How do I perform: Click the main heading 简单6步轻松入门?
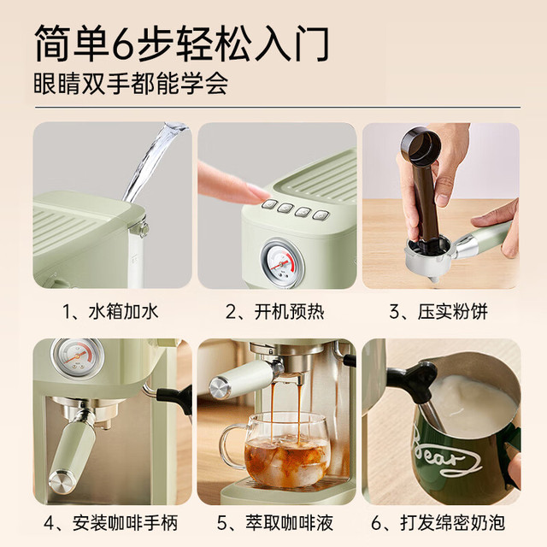tap(181, 44)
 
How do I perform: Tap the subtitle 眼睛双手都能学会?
tap(131, 84)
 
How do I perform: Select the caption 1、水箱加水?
tap(110, 311)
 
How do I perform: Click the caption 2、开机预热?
tap(275, 311)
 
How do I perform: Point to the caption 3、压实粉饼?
tap(438, 311)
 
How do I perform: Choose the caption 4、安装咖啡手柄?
tap(110, 523)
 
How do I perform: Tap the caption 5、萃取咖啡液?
tap(275, 523)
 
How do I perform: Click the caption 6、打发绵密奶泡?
tap(438, 523)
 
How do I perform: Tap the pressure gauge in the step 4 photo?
tap(78, 357)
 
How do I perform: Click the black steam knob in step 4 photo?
tap(175, 397)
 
